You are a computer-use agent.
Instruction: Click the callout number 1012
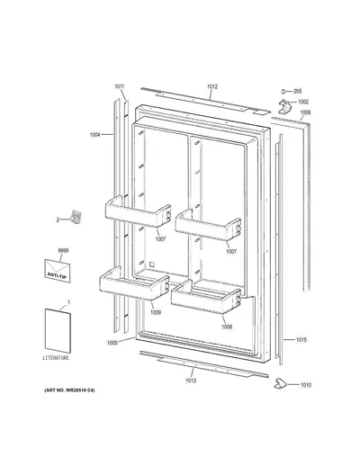212,87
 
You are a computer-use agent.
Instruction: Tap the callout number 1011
119,86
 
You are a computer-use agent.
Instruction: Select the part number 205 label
297,92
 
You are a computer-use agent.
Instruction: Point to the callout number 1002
303,102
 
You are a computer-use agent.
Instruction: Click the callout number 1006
305,112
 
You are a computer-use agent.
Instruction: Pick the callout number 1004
95,135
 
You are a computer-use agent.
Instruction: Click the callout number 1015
301,340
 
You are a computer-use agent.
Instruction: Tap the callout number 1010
306,385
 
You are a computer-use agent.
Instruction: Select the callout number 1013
191,381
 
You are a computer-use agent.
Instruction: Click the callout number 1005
112,343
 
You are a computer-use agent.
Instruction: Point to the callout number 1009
156,312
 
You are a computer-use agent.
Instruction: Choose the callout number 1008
227,327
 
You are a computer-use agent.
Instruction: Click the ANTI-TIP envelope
58,271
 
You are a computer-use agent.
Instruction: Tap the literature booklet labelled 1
58,331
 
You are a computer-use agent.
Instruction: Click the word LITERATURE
56,358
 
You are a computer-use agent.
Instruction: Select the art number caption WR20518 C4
69,390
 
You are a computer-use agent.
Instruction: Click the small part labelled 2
76,217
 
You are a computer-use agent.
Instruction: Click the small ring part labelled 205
283,91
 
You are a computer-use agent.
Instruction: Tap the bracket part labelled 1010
280,383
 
